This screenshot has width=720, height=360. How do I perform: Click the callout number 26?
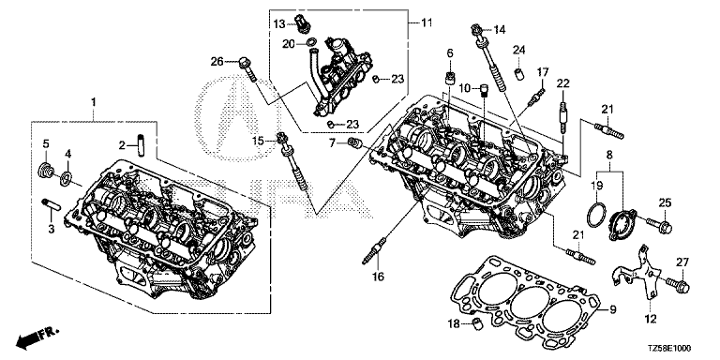pos(217,61)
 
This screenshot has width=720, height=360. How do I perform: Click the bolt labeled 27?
pos(678,284)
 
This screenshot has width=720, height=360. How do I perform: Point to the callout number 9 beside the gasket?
pos(612,310)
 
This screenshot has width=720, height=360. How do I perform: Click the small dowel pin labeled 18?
pos(476,324)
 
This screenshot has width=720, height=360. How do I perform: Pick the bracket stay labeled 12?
pos(638,275)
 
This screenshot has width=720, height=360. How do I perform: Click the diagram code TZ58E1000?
pos(670,350)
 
